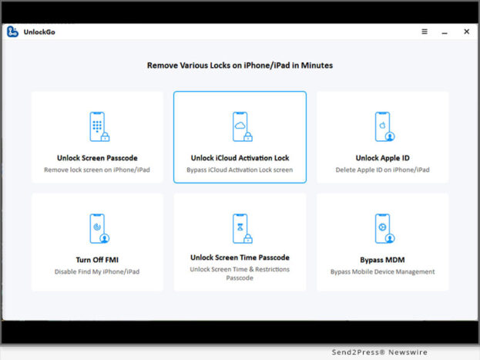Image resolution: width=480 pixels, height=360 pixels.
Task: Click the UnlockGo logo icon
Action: tap(12, 32)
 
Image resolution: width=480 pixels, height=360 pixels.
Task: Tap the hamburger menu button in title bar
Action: tap(425, 32)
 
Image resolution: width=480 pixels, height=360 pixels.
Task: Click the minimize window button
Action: tap(445, 33)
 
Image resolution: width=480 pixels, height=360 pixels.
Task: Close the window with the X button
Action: tap(467, 32)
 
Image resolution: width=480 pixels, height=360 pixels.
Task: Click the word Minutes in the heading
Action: tap(317, 66)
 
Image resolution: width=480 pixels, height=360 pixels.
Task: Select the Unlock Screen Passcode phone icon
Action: tap(99, 126)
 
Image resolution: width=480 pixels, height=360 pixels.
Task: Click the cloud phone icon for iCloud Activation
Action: tap(243, 126)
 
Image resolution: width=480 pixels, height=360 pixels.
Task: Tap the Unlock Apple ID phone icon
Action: tap(384, 126)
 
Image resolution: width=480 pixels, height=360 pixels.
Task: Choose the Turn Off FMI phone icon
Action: tap(99, 228)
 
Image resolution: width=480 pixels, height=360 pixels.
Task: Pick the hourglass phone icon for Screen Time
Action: tap(243, 228)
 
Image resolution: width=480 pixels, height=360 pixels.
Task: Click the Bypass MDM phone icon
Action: tap(384, 228)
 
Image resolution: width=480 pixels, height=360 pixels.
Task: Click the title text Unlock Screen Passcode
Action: tap(97, 158)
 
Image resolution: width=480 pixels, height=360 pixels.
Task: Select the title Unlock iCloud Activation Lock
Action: tap(240, 158)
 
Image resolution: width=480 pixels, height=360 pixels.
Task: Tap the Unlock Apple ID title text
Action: tap(382, 158)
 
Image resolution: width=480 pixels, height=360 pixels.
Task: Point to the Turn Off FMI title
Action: tap(97, 260)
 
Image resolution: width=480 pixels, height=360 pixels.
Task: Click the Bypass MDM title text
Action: tap(382, 260)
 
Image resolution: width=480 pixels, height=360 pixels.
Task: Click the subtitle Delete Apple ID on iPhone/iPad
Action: tap(382, 170)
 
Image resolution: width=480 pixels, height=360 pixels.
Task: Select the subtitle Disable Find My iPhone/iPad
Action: tap(97, 272)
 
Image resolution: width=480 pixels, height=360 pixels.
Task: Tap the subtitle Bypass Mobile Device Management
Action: tap(382, 272)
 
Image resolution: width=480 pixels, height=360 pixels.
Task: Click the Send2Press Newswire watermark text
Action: tap(380, 352)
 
